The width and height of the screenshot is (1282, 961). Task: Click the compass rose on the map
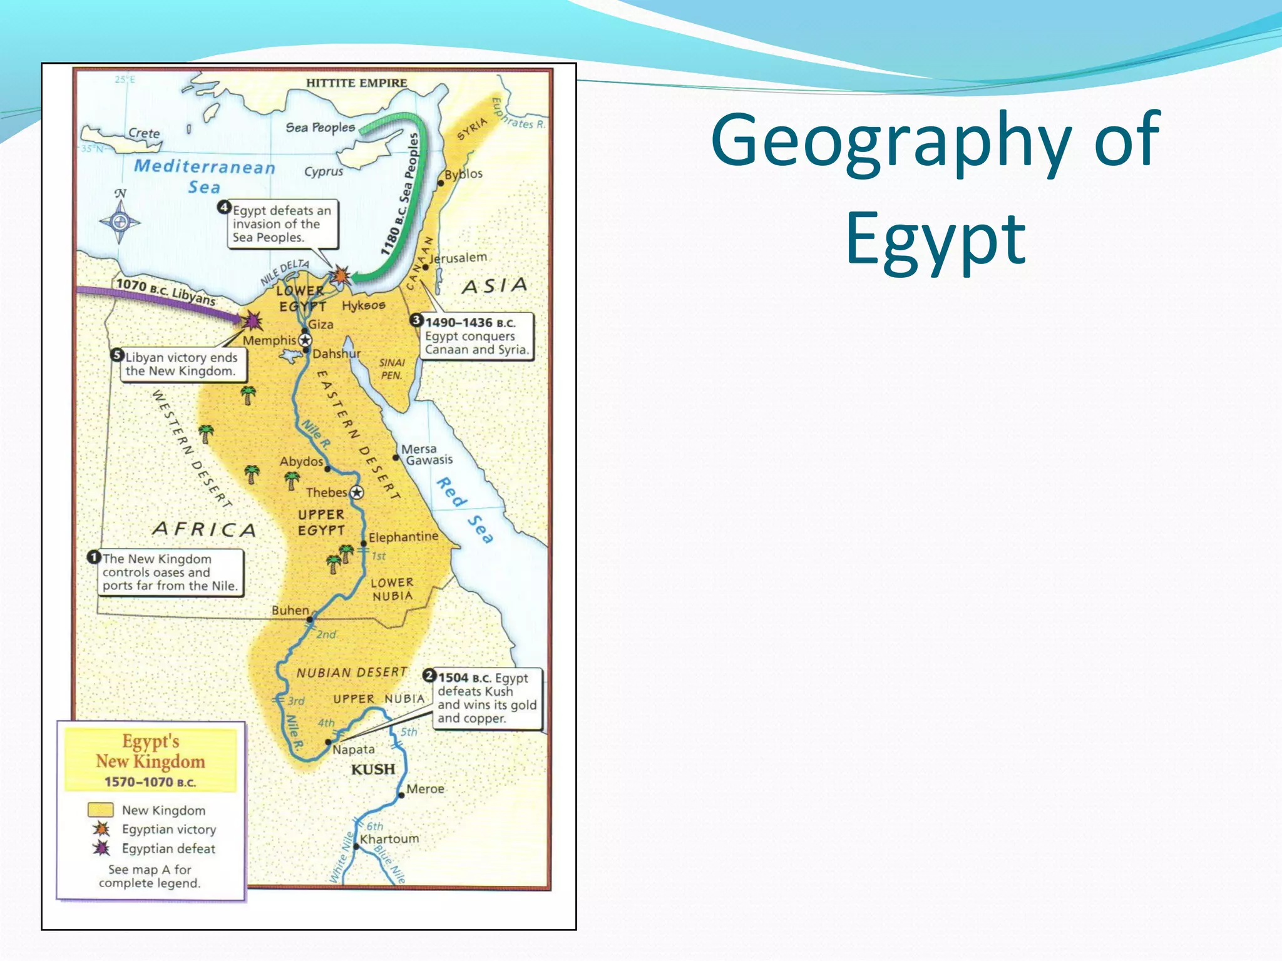point(120,221)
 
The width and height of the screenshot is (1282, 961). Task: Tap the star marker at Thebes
point(357,492)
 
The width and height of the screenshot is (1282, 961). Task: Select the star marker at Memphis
point(305,340)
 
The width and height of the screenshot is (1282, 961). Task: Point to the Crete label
point(144,133)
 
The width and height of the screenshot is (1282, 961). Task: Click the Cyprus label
point(324,171)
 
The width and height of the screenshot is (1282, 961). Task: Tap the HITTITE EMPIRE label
point(356,83)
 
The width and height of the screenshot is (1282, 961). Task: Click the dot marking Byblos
point(441,183)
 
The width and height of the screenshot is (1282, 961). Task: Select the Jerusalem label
point(458,257)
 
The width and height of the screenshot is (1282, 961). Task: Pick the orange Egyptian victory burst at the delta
point(341,275)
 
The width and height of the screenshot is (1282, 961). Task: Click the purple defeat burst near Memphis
point(252,321)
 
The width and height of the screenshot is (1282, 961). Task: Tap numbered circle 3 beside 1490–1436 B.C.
point(416,320)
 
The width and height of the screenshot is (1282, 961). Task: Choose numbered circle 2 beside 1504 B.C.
point(429,676)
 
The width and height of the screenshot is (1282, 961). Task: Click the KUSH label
point(372,769)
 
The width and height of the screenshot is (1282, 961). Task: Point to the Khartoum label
point(389,838)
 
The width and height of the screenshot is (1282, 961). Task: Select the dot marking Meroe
point(401,796)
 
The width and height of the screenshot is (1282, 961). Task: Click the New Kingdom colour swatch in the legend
point(100,810)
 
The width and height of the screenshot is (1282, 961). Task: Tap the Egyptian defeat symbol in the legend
point(101,848)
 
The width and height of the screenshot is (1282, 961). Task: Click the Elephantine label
point(403,537)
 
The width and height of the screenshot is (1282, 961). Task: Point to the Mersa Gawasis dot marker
point(396,457)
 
